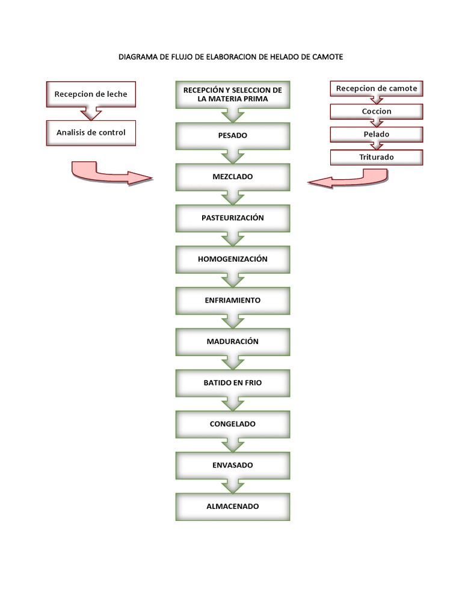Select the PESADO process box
pyautogui.click(x=232, y=135)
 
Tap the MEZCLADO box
pyautogui.click(x=232, y=177)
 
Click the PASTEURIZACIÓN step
pyautogui.click(x=232, y=218)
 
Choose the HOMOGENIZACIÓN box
pyautogui.click(x=232, y=259)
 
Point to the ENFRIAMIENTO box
pyautogui.click(x=232, y=300)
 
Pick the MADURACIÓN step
pyautogui.click(x=232, y=341)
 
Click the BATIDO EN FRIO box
pyautogui.click(x=232, y=383)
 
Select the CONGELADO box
pyautogui.click(x=232, y=423)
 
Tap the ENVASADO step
pyautogui.click(x=232, y=465)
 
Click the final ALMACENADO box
pyautogui.click(x=232, y=507)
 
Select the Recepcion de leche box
pyautogui.click(x=91, y=94)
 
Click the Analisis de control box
pyautogui.click(x=91, y=132)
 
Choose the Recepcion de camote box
pyautogui.click(x=377, y=88)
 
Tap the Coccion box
pyautogui.click(x=377, y=111)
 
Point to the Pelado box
pyautogui.click(x=377, y=134)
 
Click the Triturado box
pyautogui.click(x=377, y=157)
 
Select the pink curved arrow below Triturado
pyautogui.click(x=349, y=179)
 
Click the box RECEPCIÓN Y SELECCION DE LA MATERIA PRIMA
pyautogui.click(x=232, y=94)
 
